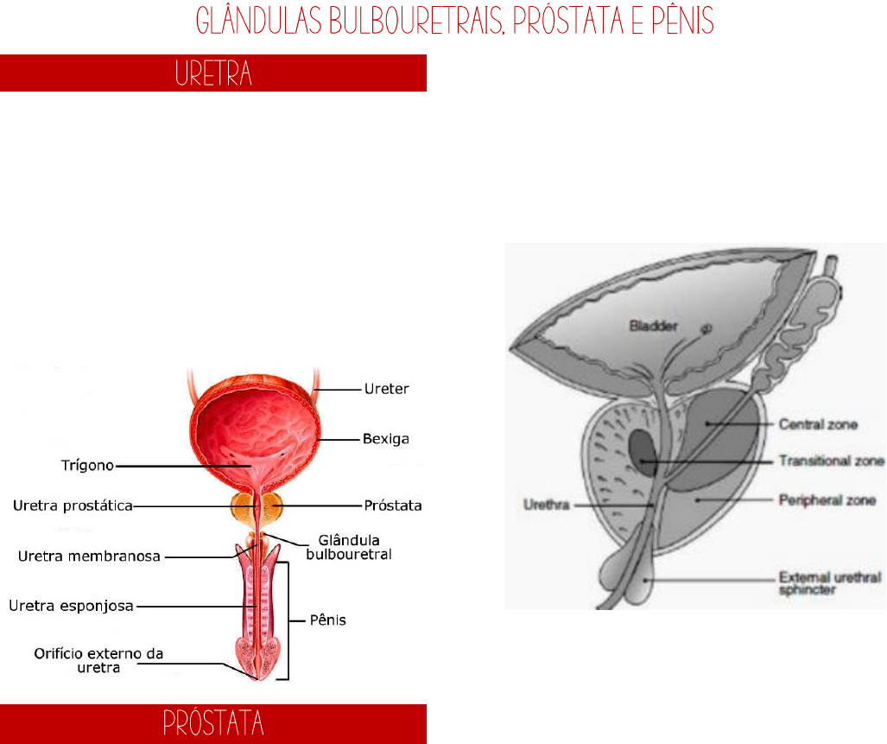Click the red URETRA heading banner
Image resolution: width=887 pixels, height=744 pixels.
click(x=213, y=73)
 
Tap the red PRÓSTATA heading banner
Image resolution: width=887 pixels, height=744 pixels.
click(x=213, y=723)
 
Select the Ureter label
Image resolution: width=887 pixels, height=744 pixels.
click(x=385, y=390)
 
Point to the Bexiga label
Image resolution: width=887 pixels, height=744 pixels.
click(x=385, y=440)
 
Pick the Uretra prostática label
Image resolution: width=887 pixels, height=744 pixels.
click(x=71, y=506)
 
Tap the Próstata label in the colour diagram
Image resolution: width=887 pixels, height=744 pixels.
click(x=393, y=506)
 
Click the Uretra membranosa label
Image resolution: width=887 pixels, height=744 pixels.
click(x=90, y=556)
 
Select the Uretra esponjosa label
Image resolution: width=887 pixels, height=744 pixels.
click(x=71, y=606)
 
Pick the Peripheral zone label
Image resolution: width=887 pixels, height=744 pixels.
click(x=827, y=499)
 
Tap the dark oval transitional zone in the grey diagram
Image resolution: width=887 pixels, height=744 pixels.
click(x=643, y=448)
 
